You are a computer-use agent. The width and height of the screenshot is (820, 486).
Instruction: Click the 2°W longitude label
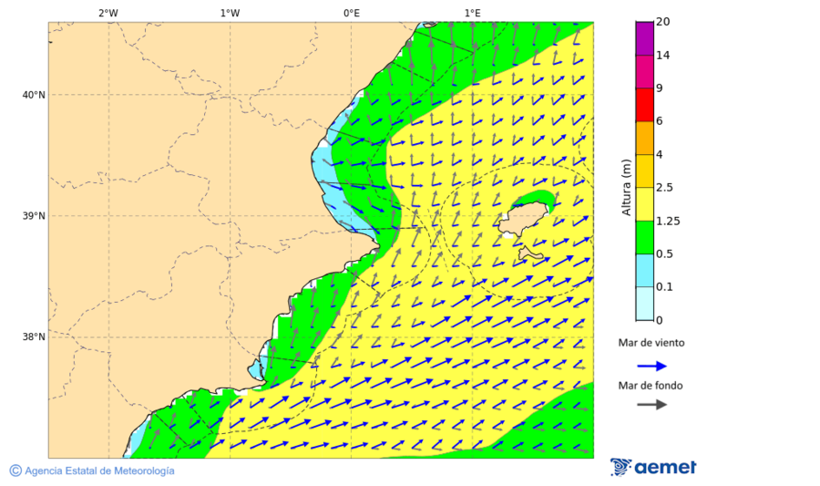point(108,14)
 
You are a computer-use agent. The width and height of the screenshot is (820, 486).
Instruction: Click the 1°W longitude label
point(230,14)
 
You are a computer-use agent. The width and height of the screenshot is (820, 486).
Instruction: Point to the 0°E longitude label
point(351,14)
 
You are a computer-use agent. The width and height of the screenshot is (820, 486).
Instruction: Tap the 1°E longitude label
point(472,14)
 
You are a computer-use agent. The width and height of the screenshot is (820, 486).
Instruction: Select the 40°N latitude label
point(33,95)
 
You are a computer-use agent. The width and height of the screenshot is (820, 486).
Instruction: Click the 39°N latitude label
point(33,216)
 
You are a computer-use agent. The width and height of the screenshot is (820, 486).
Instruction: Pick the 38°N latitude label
point(33,337)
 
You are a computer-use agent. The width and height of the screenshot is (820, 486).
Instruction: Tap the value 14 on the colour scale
point(662,56)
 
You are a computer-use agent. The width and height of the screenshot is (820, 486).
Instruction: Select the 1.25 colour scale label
point(668,221)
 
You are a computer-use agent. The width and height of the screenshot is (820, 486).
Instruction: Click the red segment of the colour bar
point(644,104)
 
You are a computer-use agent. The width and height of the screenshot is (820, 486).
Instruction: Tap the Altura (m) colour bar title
point(626,187)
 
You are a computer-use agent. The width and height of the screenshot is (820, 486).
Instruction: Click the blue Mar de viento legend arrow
point(651,366)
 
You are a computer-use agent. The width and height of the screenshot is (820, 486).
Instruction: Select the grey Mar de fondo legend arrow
point(651,406)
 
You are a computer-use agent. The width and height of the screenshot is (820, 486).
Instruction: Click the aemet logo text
point(664,468)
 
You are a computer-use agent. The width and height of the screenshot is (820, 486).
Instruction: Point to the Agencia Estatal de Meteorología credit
point(92,470)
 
